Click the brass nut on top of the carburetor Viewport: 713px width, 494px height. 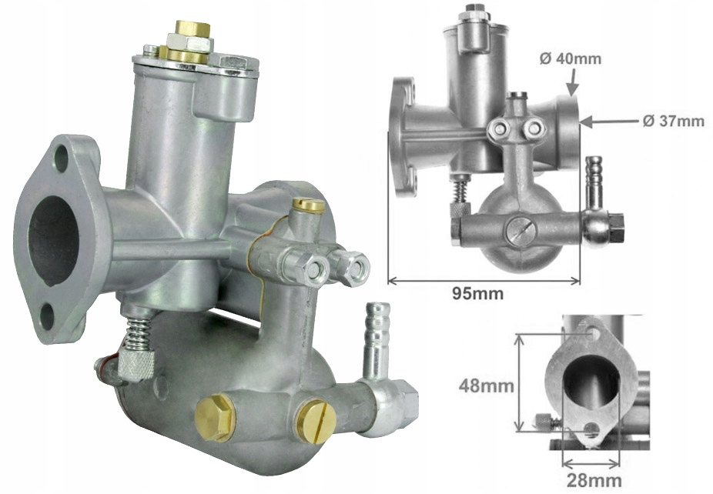click(192, 31)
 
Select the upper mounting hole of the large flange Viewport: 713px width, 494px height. click(61, 159)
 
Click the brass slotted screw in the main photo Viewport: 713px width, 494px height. click(315, 421)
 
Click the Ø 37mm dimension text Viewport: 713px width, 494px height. click(674, 121)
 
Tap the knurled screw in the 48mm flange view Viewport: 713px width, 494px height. click(545, 421)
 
